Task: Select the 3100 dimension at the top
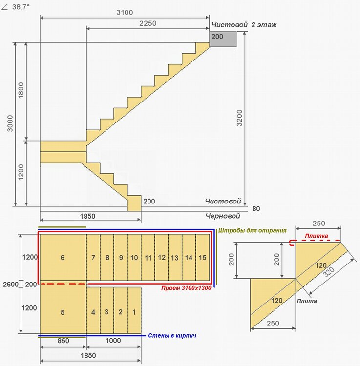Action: [x=125, y=12]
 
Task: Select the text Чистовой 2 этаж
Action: [x=243, y=25]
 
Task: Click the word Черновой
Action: [x=223, y=215]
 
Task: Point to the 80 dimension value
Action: [x=257, y=209]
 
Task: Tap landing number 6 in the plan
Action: [x=63, y=258]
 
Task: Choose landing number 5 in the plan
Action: [x=63, y=311]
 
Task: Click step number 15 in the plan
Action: [x=203, y=258]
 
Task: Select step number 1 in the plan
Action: [x=134, y=311]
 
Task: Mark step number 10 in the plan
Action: [x=134, y=258]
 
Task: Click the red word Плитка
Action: [x=317, y=236]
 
